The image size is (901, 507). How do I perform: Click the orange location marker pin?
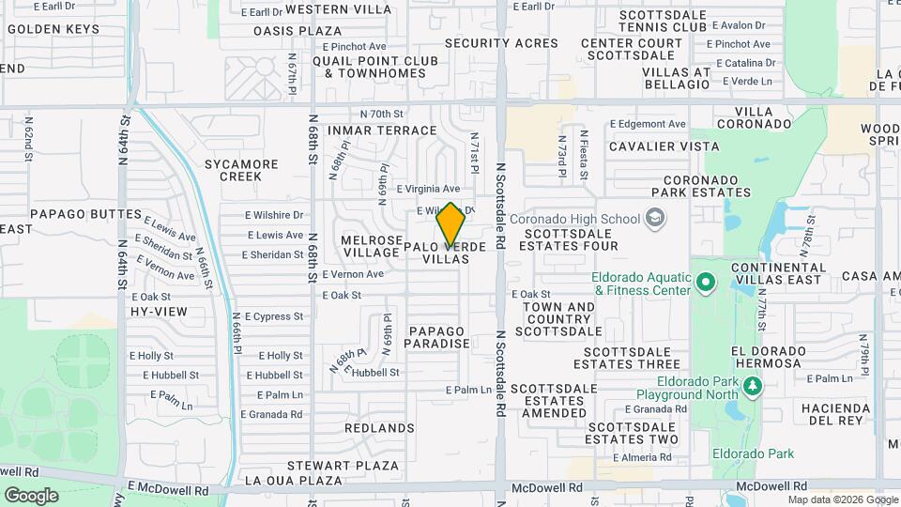click(450, 223)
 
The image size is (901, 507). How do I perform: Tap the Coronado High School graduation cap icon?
click(654, 220)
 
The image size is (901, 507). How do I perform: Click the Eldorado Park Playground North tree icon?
click(751, 387)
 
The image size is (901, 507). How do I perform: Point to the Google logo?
click(31, 495)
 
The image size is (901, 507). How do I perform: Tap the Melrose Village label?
click(372, 246)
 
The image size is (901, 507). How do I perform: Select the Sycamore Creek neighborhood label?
click(241, 170)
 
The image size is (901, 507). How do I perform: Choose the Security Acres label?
click(501, 43)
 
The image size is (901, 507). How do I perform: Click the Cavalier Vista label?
click(664, 146)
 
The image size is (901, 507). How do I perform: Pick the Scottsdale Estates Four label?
click(572, 239)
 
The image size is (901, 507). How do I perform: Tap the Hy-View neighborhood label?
click(159, 311)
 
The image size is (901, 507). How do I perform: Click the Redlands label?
click(379, 428)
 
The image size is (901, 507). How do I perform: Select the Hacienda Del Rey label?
click(832, 414)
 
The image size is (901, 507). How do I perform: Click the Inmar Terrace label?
click(382, 131)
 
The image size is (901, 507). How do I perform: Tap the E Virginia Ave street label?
click(427, 189)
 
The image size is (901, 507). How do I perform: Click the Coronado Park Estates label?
click(707, 186)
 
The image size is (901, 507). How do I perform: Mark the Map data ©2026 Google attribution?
click(842, 499)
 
